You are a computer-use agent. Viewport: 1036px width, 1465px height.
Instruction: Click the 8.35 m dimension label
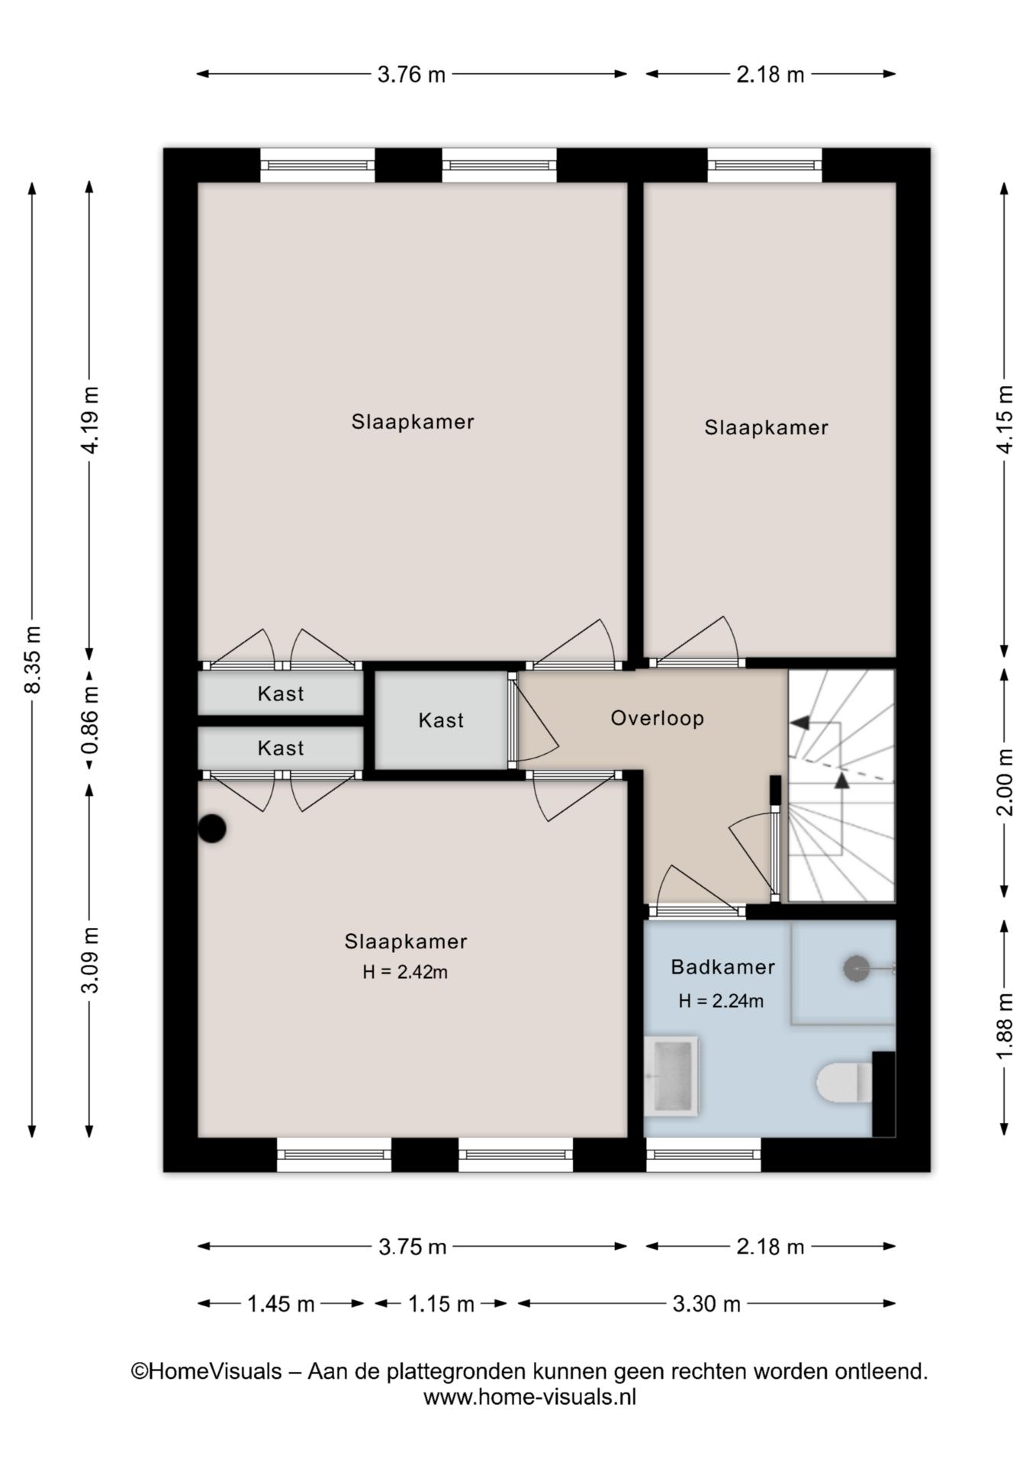(33, 659)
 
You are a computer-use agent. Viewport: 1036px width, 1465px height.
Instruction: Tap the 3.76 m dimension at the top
(411, 75)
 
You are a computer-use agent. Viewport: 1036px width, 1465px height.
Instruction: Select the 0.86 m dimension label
(91, 718)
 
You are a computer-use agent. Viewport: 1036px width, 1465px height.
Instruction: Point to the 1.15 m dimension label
(441, 1304)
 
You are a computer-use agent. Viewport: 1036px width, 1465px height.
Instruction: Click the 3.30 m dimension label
(706, 1304)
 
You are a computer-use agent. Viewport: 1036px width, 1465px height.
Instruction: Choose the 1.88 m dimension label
(1005, 1025)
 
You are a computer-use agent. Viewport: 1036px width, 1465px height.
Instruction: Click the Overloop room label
(657, 718)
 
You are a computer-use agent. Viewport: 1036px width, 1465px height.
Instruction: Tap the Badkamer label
(722, 967)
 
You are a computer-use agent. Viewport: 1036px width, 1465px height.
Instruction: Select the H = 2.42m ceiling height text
(405, 972)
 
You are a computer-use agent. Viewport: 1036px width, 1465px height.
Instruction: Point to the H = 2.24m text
(721, 1001)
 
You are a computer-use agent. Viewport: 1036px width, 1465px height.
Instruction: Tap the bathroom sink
(671, 1076)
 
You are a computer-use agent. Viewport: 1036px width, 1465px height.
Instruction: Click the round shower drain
(856, 968)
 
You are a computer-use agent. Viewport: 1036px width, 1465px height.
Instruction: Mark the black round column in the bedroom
(212, 829)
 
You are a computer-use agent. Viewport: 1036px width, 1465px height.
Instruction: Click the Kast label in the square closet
(441, 720)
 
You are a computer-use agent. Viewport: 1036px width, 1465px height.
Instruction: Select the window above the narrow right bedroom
(764, 166)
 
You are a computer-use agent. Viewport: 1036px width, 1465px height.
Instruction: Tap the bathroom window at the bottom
(703, 1154)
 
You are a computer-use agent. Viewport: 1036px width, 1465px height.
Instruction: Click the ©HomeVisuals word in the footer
(206, 1371)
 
